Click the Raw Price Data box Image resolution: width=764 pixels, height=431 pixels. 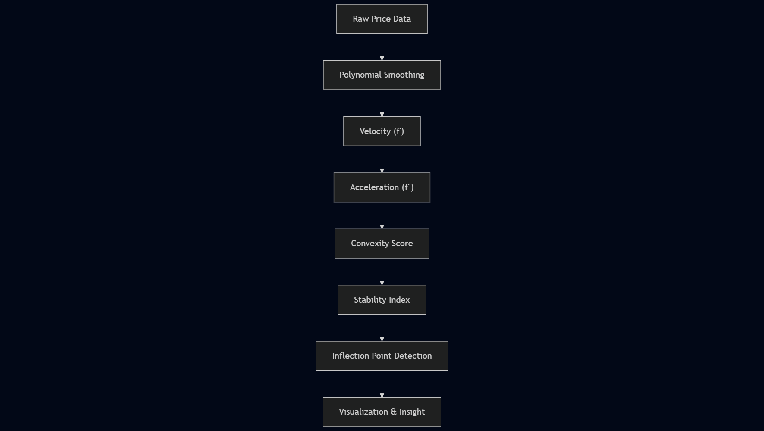pyautogui.click(x=382, y=19)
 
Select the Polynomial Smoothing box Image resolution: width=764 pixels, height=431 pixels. pyautogui.click(x=382, y=75)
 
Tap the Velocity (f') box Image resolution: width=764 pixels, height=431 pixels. pyautogui.click(x=382, y=131)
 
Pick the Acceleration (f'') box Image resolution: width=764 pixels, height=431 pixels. pyautogui.click(x=382, y=187)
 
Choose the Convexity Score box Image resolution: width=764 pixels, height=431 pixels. pyautogui.click(x=382, y=244)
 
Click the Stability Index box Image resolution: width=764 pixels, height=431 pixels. pyautogui.click(x=382, y=300)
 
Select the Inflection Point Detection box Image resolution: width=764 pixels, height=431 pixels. pyautogui.click(x=382, y=356)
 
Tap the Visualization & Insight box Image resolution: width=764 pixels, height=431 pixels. pyautogui.click(x=382, y=412)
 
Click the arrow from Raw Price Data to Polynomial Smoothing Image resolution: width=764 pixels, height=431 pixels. pyautogui.click(x=382, y=47)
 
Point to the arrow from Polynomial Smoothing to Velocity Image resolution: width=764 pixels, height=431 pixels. pyautogui.click(x=382, y=103)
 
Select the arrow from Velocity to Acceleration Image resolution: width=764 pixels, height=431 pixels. pyautogui.click(x=382, y=159)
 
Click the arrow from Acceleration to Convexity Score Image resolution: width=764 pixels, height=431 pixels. pyautogui.click(x=382, y=215)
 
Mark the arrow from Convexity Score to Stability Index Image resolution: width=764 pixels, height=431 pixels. pyautogui.click(x=382, y=271)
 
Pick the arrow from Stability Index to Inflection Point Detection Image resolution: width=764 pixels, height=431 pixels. pyautogui.click(x=382, y=328)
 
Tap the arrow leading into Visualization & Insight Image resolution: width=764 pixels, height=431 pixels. pyautogui.click(x=382, y=384)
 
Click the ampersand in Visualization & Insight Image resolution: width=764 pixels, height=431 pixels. pyautogui.click(x=393, y=412)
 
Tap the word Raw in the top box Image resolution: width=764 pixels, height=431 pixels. pyautogui.click(x=360, y=19)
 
